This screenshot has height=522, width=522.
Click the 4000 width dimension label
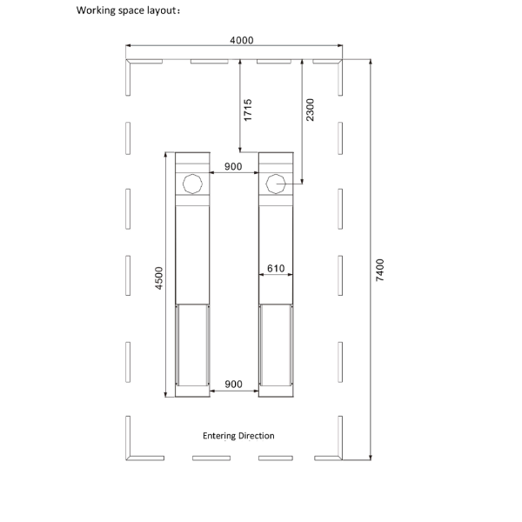click(x=241, y=40)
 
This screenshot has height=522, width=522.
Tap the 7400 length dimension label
click(x=380, y=270)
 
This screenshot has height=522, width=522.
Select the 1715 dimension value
click(x=248, y=110)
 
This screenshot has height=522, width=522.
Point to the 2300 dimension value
click(x=310, y=110)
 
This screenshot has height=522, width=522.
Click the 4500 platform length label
click(x=159, y=278)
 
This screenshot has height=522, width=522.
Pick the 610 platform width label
click(x=276, y=268)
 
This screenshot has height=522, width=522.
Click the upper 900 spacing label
click(x=233, y=166)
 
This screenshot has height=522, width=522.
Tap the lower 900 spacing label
click(x=233, y=385)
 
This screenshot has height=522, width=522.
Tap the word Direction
click(x=257, y=436)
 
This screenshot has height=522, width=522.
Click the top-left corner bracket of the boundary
click(x=128, y=61)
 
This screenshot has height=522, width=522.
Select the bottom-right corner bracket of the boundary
click(x=340, y=458)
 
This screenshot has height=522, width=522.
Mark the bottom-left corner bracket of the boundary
click(x=128, y=458)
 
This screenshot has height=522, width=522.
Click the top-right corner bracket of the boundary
click(x=340, y=61)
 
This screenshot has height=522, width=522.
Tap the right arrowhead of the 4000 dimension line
click(x=340, y=45)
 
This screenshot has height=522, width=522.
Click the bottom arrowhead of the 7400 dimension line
click(x=371, y=458)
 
